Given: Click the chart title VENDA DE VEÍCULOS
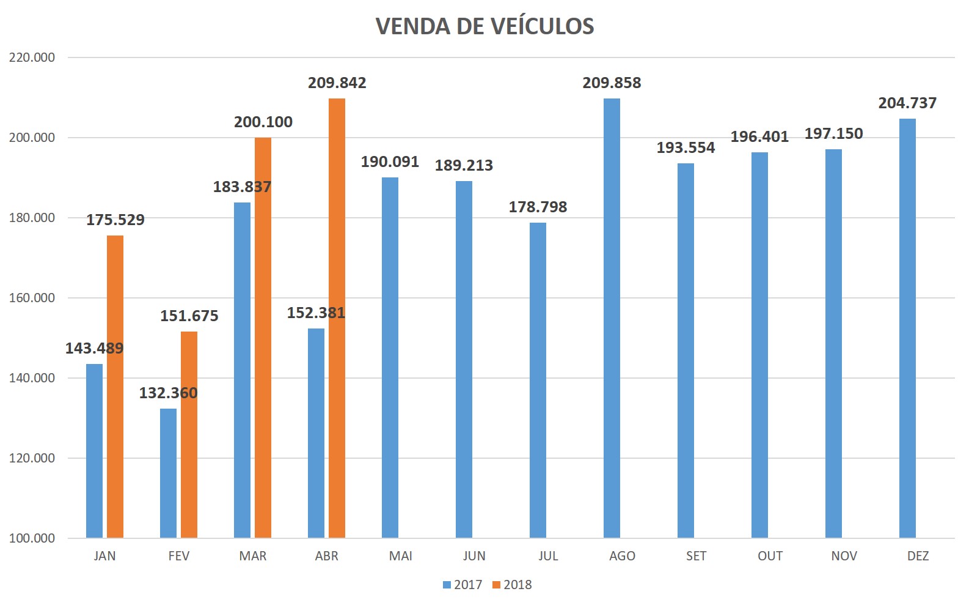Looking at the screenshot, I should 484,26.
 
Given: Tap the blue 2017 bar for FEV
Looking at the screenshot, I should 168,473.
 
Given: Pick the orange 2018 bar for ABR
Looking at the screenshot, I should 337,318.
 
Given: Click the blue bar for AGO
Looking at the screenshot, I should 612,318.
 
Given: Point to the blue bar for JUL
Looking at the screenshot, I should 538,380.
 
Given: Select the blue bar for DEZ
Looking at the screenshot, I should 907,328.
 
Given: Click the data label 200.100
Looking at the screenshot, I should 263,122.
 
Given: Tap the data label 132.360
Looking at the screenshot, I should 168,393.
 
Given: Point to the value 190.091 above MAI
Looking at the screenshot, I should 390,162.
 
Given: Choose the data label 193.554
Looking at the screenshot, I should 686,148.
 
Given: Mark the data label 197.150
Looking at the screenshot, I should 833,134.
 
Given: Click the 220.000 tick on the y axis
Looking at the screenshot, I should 32,58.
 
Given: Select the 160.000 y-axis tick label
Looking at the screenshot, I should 32,298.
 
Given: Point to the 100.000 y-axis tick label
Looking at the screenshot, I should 32,538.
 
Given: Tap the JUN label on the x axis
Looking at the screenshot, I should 474,556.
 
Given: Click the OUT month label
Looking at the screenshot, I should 770,556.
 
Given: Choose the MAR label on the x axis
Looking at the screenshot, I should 252,556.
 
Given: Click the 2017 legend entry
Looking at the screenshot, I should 463,585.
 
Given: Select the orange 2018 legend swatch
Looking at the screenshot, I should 496,585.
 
